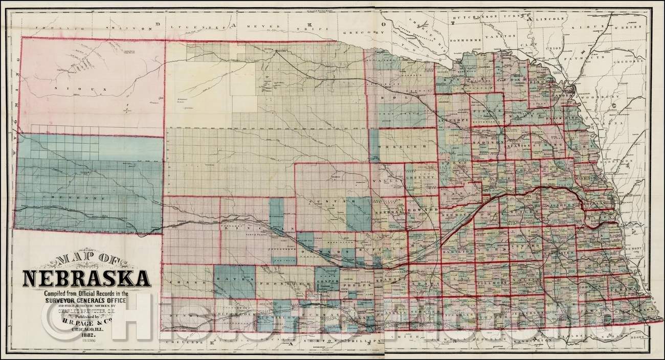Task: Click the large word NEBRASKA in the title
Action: [x=86, y=279]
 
